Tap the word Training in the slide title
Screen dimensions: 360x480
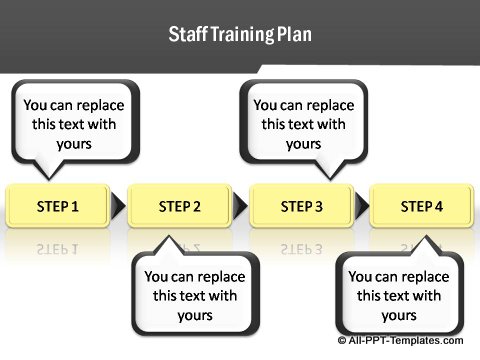tap(237, 35)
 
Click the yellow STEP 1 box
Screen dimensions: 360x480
tap(58, 206)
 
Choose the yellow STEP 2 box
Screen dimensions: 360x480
tap(180, 206)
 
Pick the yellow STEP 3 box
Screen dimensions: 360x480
tap(301, 206)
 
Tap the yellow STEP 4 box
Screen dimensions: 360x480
tap(422, 206)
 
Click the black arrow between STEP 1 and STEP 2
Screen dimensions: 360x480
tap(118, 207)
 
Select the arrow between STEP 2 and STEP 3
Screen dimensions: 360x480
tap(240, 207)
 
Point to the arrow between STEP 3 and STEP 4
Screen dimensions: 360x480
tap(361, 207)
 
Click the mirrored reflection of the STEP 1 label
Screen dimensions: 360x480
tap(58, 247)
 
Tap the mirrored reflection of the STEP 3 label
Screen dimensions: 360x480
tap(301, 247)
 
